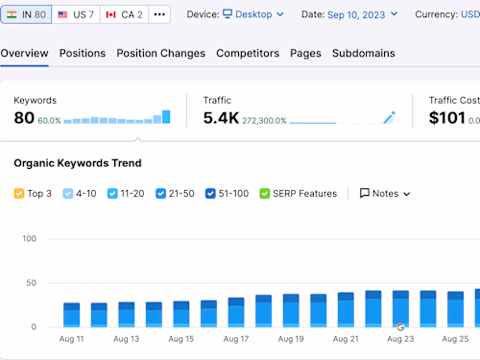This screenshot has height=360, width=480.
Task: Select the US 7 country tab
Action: tap(76, 14)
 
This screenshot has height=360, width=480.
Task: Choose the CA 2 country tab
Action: tap(124, 14)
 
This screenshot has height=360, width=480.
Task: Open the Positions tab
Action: tap(83, 53)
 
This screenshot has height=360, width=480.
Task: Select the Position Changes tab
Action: tap(160, 53)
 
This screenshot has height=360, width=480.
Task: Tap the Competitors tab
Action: tap(248, 53)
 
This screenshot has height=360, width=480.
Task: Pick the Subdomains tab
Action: tap(363, 53)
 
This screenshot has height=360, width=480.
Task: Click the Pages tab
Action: tap(305, 53)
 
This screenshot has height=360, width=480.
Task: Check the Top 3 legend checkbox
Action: tap(19, 193)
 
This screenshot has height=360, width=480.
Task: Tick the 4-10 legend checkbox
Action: tap(68, 193)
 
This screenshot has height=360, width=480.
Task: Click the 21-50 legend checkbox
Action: tap(160, 193)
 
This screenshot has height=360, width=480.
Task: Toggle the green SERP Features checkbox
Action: tap(265, 193)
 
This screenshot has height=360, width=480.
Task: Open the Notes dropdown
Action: tap(385, 193)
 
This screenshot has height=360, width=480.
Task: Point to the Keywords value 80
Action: tap(24, 118)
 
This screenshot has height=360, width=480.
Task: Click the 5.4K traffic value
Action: tap(221, 118)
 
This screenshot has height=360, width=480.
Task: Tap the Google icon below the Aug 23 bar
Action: tap(400, 327)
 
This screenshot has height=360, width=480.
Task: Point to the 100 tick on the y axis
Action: tap(29, 238)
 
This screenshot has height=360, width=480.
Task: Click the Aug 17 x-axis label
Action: tap(236, 339)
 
